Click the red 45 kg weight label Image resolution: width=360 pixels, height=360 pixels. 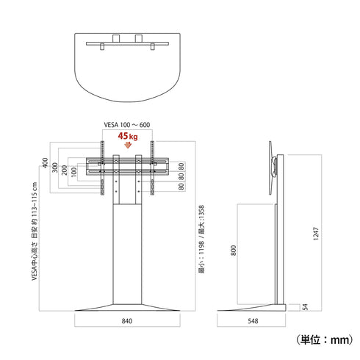(x=128, y=136)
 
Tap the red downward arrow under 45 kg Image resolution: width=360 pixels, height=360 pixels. (x=128, y=145)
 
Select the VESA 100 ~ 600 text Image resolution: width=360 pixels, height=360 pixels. (x=127, y=125)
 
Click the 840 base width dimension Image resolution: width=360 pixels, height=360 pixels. (x=127, y=321)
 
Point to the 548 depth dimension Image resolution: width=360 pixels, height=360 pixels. (x=253, y=321)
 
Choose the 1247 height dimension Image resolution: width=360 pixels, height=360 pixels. (x=316, y=234)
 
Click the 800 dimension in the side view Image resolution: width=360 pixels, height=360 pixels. (x=234, y=251)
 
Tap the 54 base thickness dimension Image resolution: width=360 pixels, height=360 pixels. (x=305, y=307)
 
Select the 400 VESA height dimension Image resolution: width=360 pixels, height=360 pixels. (x=46, y=162)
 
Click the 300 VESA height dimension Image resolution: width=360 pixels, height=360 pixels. (x=55, y=168)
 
